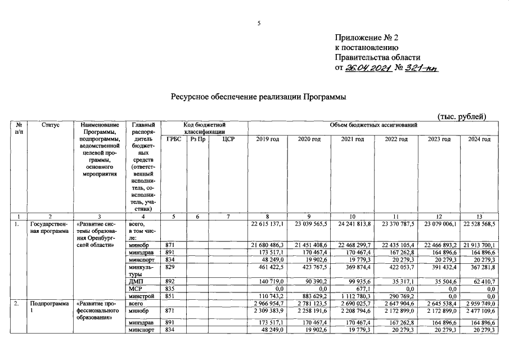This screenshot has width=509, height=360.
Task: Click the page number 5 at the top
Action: click(x=259, y=23)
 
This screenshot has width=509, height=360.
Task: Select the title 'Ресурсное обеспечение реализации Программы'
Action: click(x=258, y=97)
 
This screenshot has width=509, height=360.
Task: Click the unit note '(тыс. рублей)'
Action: click(x=461, y=116)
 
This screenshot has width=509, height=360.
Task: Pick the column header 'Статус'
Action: click(x=51, y=124)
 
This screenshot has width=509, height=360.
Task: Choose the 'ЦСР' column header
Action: click(x=228, y=139)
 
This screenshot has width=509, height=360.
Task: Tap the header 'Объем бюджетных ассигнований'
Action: click(x=370, y=124)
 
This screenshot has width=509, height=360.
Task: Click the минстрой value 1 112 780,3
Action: click(x=354, y=295)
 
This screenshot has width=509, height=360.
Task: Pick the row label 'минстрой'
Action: click(x=141, y=295)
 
